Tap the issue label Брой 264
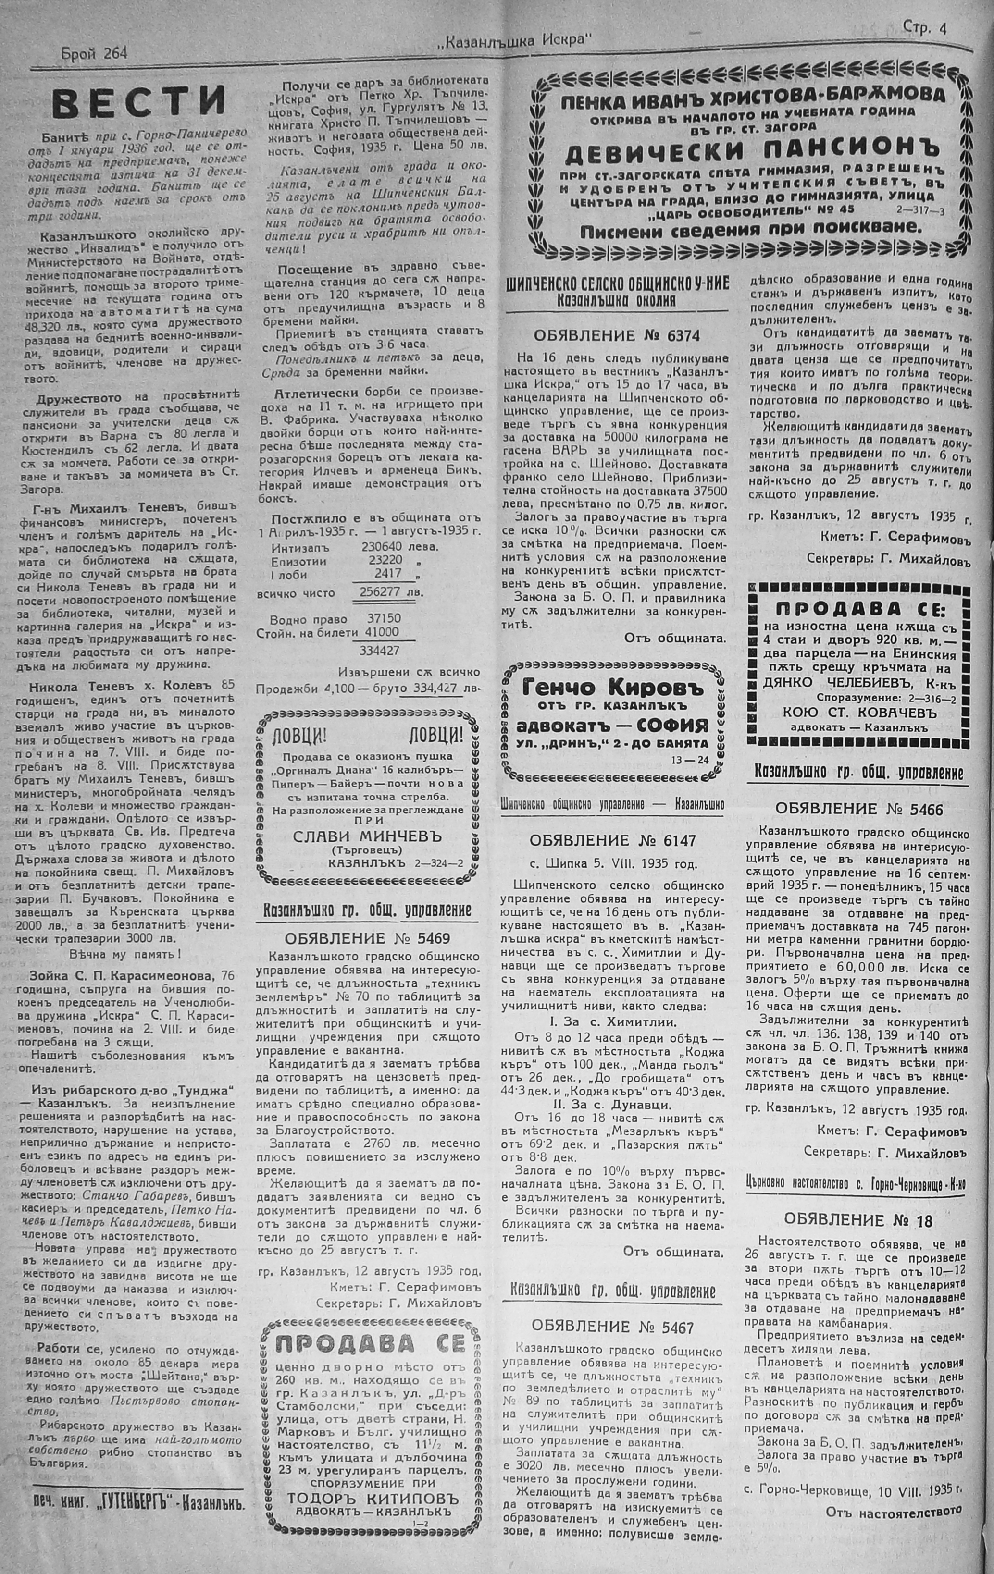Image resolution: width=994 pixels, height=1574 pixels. pos(94,54)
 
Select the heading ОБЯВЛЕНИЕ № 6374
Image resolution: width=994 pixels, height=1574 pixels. pos(617,336)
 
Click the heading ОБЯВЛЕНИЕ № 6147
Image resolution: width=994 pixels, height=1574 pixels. pos(613,840)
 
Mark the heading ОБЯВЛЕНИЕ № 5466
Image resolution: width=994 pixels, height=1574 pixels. pos(858,809)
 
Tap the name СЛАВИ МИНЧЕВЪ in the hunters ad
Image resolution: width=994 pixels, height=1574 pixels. pos(367,836)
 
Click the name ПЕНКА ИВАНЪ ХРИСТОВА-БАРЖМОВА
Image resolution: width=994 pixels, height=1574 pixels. pos(753,94)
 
